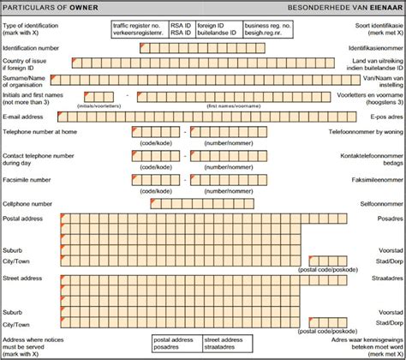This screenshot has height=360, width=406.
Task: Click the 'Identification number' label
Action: click(31, 48)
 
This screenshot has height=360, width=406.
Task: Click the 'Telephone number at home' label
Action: click(39, 132)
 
